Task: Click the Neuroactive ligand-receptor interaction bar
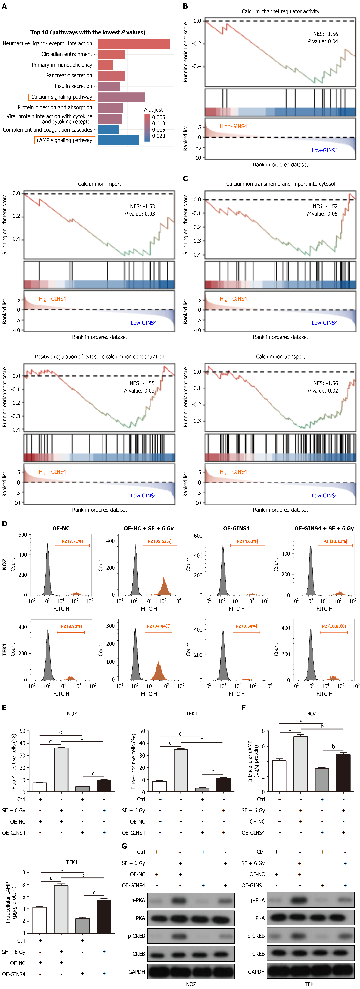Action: point(134,44)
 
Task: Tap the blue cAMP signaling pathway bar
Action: point(119,140)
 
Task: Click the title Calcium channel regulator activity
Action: point(281,11)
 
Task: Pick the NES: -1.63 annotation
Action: point(142,206)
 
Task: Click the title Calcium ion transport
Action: point(281,357)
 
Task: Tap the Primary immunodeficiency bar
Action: point(106,65)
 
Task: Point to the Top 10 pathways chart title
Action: point(88,33)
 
